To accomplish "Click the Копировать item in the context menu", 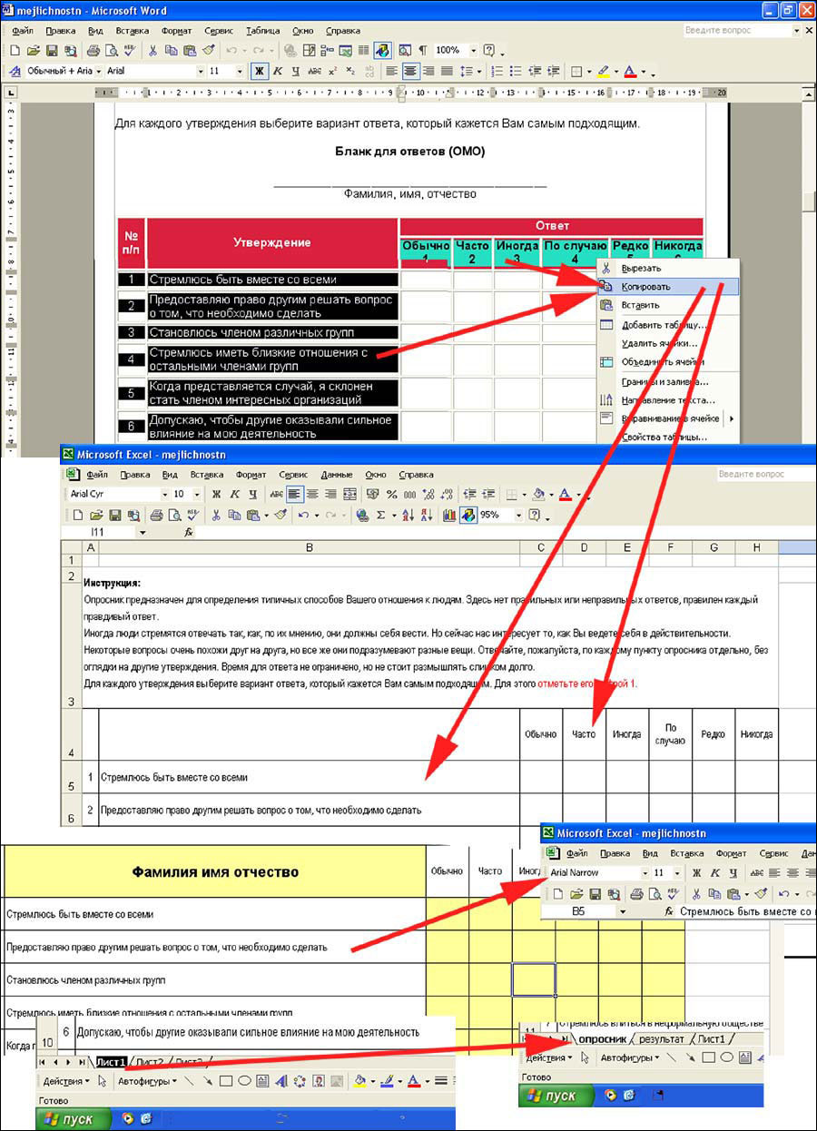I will pyautogui.click(x=645, y=287).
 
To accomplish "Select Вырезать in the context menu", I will pyautogui.click(x=641, y=268).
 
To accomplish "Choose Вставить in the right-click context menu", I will pyautogui.click(x=641, y=306).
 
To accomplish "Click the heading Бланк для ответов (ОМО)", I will pyautogui.click(x=409, y=152).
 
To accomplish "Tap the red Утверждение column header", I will pyautogui.click(x=271, y=242).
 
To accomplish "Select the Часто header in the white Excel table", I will pyautogui.click(x=585, y=733).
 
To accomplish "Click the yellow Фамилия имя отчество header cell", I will pyautogui.click(x=215, y=872).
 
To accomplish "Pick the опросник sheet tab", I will pyautogui.click(x=603, y=1038).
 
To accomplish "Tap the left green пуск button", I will pyautogui.click(x=72, y=1119).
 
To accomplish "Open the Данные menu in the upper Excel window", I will pyautogui.click(x=336, y=475).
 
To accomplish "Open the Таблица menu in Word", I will pyautogui.click(x=262, y=30).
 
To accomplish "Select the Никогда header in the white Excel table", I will pyautogui.click(x=756, y=733).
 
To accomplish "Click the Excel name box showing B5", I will pyautogui.click(x=578, y=911).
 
